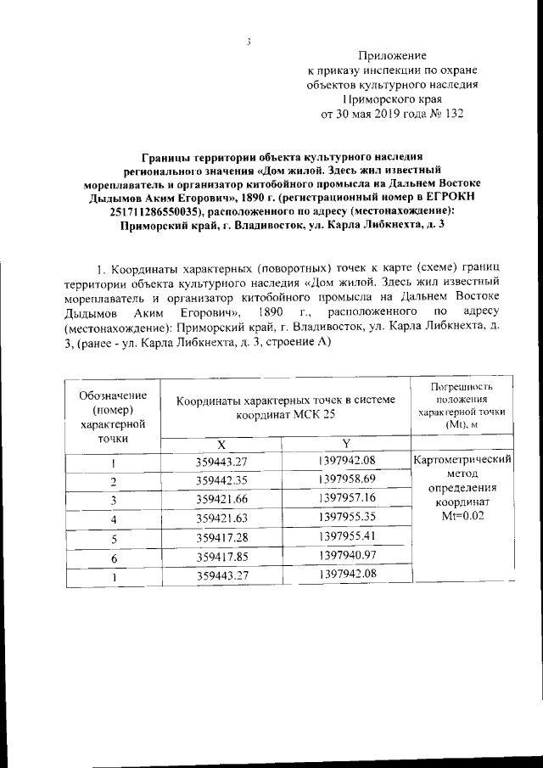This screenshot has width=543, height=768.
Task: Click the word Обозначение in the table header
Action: pos(112,395)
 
